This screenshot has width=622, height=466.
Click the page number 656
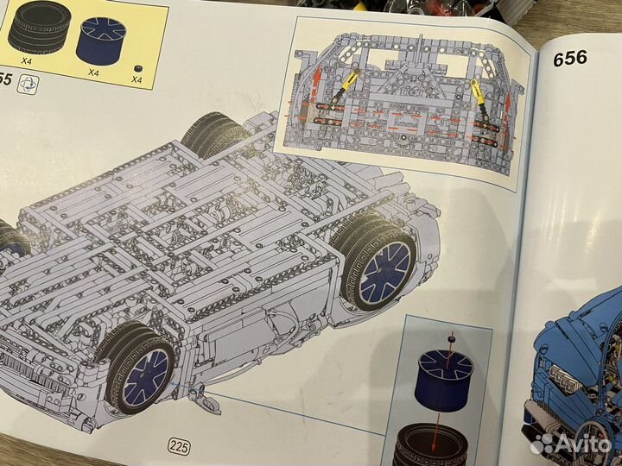click(x=569, y=58)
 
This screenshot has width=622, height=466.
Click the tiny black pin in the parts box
click(x=137, y=66)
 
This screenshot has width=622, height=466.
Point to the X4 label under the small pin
click(x=136, y=80)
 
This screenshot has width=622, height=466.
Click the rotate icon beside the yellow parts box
click(x=28, y=85)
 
